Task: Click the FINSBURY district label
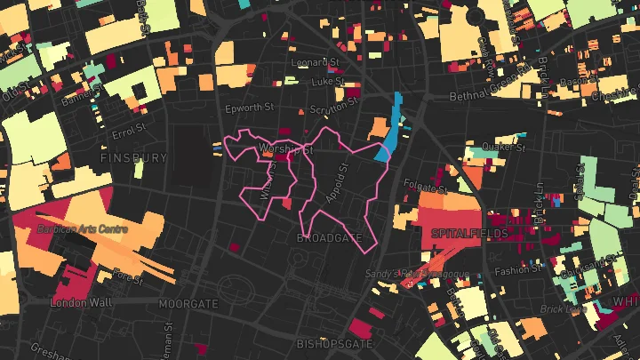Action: click(133, 158)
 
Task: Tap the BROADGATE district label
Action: click(330, 239)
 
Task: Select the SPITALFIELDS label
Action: click(468, 234)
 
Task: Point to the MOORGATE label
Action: click(188, 304)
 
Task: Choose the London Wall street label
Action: click(81, 303)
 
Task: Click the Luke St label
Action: click(327, 81)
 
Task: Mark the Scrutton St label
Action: click(332, 110)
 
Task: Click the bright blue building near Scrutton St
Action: click(389, 133)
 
